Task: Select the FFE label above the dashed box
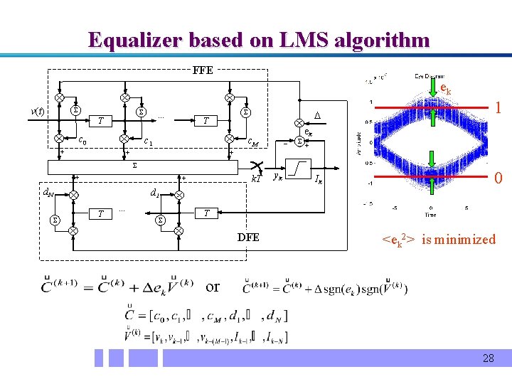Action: (x=203, y=70)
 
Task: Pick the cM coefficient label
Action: (x=252, y=143)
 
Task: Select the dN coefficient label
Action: (x=46, y=191)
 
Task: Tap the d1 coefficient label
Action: (x=154, y=192)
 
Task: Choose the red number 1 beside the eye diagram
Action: (x=499, y=109)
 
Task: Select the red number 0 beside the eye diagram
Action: (x=499, y=178)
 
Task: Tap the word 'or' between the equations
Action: (x=213, y=287)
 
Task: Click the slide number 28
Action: (x=488, y=358)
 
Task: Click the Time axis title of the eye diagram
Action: (x=431, y=214)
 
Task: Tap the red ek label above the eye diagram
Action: (x=445, y=89)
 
